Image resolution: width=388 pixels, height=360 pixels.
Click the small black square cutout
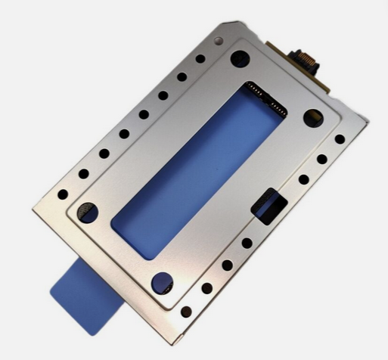(268, 205)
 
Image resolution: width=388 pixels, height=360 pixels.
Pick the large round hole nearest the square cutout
(313, 117)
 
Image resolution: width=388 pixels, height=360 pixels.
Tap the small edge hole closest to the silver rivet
(200, 59)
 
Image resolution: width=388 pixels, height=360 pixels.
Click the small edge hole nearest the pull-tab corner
(63, 194)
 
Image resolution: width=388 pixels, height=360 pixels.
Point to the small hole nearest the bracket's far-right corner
(340, 139)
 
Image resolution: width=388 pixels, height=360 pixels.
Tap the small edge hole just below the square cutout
(247, 244)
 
